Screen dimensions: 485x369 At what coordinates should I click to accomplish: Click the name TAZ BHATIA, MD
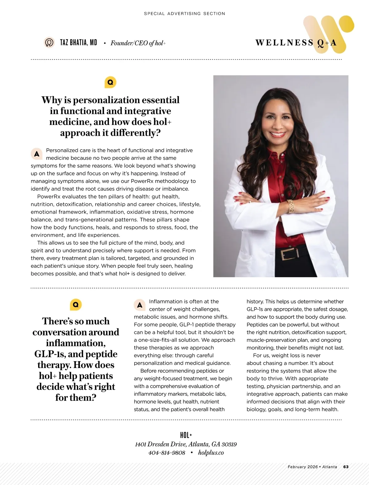pyautogui.click(x=78, y=42)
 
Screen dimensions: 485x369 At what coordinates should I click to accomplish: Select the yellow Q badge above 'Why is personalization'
pyautogui.click(x=110, y=82)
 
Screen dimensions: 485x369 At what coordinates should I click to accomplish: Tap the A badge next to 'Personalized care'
pyautogui.click(x=37, y=154)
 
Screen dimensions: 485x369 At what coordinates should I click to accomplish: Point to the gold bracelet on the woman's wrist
pyautogui.click(x=290, y=206)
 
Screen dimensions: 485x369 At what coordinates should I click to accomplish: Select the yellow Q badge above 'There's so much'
pyautogui.click(x=76, y=305)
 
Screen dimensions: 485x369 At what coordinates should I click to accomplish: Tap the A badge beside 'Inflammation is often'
pyautogui.click(x=140, y=305)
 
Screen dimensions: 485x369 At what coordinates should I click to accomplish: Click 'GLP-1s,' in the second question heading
pyautogui.click(x=50, y=354)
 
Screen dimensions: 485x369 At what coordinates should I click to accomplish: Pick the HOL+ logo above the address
pyautogui.click(x=186, y=435)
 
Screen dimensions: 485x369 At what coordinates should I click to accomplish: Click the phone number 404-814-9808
pyautogui.click(x=167, y=453)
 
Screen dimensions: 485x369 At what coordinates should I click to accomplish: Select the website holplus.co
pyautogui.click(x=211, y=453)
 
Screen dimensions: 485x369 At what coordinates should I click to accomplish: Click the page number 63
pyautogui.click(x=346, y=467)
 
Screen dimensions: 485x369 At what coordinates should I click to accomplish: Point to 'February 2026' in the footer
pyautogui.click(x=303, y=467)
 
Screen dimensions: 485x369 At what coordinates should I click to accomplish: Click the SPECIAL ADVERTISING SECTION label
pyautogui.click(x=184, y=14)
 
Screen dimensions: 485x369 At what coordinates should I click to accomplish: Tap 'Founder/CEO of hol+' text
pyautogui.click(x=138, y=43)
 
